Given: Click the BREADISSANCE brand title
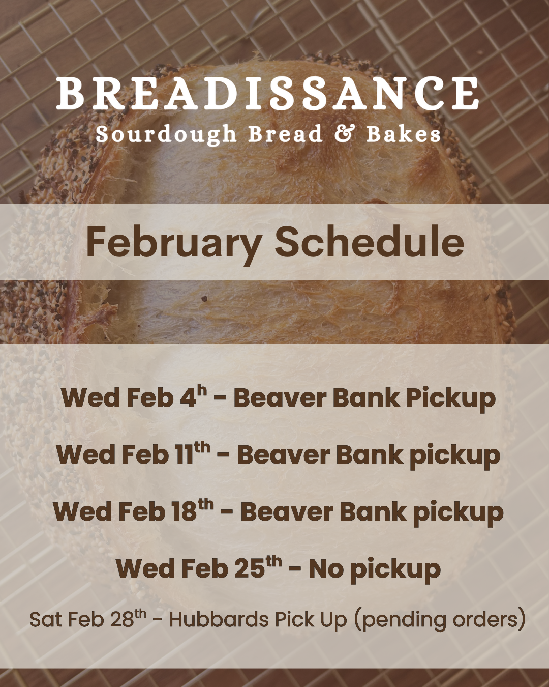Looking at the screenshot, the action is pos(267,94).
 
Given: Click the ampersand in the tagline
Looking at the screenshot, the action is pos(345,133).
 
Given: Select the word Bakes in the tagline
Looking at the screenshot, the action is pos(404,133).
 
